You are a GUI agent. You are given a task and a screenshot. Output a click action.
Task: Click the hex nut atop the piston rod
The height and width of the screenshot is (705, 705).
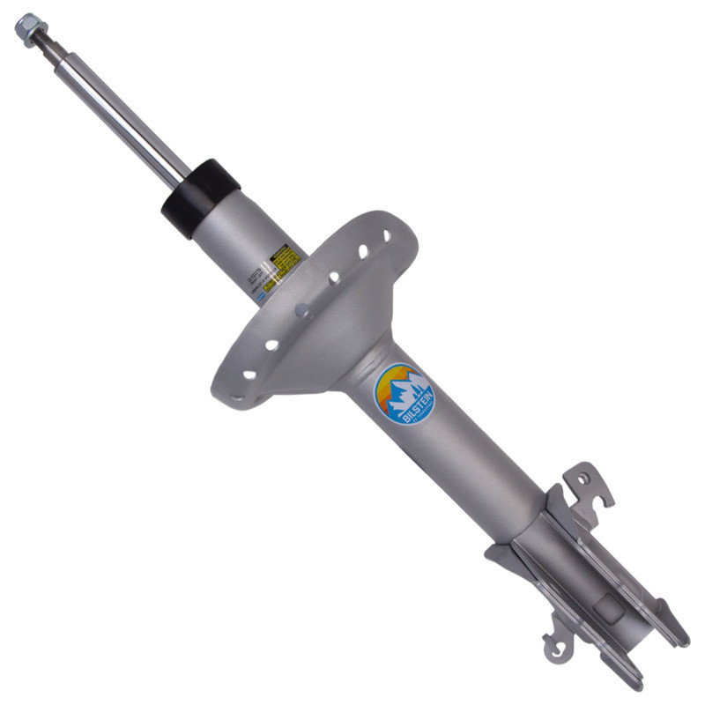click(x=30, y=28)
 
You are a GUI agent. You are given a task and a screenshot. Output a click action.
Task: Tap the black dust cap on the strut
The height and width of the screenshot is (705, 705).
click(x=201, y=198)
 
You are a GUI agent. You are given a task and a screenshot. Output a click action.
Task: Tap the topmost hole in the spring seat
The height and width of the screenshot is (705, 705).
click(x=385, y=237)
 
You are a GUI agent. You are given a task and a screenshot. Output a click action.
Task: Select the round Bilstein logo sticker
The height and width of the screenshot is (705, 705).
click(x=404, y=395)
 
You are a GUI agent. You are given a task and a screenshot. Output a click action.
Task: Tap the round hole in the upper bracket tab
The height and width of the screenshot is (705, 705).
click(x=582, y=479)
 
